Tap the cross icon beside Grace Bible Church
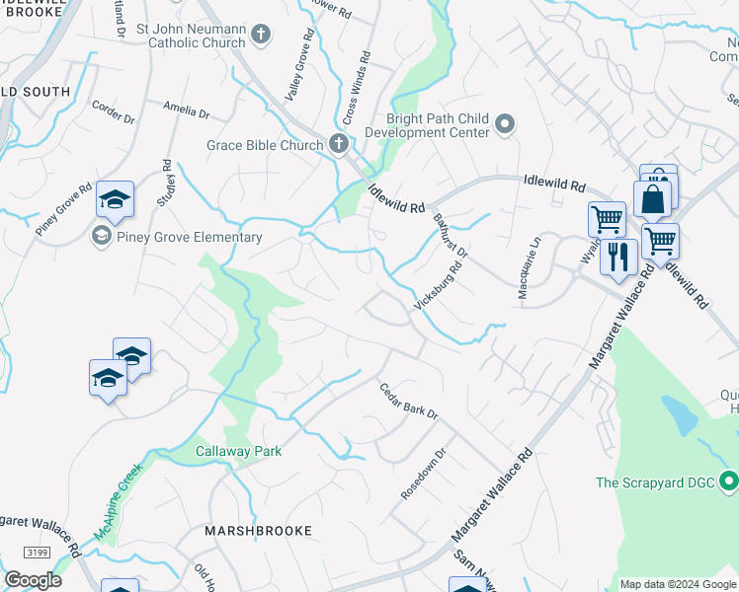[x=338, y=146]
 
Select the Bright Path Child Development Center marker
[x=505, y=124]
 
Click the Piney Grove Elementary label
[x=187, y=237]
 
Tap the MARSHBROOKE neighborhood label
[x=258, y=530]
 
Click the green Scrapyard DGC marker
[x=729, y=482]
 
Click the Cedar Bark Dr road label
[x=409, y=402]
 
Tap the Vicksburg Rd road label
[x=439, y=286]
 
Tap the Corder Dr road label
[x=112, y=112]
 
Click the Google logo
[x=32, y=580]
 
